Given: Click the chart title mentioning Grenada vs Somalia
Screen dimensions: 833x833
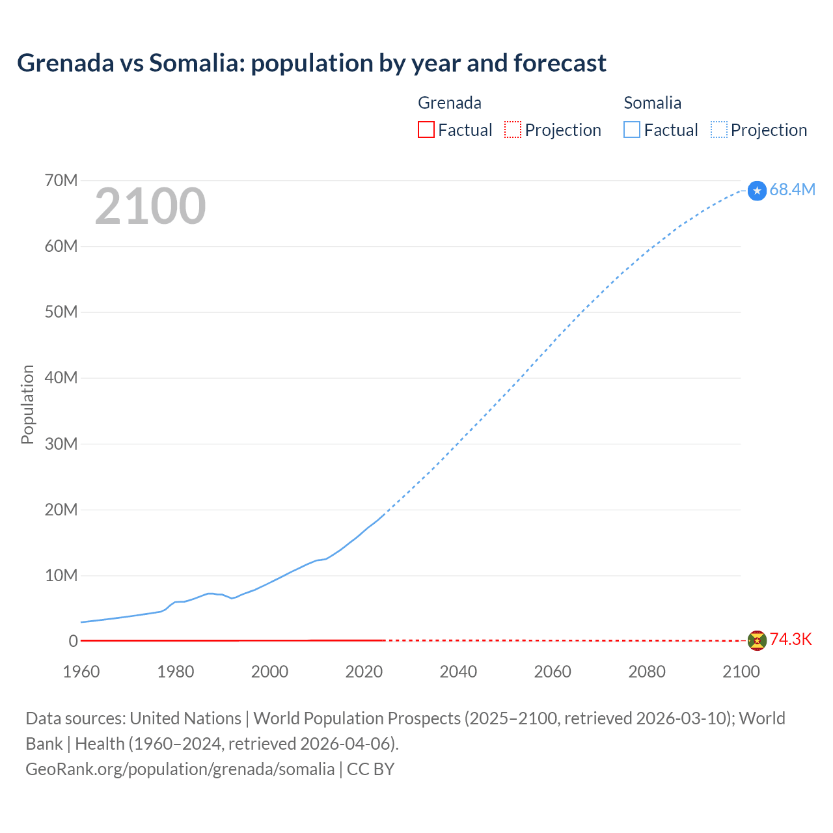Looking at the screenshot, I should (x=312, y=63).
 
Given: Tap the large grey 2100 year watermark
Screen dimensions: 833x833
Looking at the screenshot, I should (x=150, y=206).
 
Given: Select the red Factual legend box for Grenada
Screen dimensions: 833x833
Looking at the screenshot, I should (x=426, y=130).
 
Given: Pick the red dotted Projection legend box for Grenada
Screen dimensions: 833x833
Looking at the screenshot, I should (x=513, y=130).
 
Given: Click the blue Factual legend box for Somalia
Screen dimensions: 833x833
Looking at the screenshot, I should (x=632, y=130).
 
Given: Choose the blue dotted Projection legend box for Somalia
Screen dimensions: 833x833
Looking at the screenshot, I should (x=719, y=130).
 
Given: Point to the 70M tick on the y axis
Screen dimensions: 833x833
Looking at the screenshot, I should (x=61, y=180).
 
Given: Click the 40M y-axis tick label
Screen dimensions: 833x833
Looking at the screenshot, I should (x=61, y=377).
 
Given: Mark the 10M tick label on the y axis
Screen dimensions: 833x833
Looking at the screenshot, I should (x=61, y=575).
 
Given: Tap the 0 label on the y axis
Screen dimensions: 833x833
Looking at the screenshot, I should (x=73, y=641).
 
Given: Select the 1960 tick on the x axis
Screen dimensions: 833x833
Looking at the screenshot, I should (x=81, y=672).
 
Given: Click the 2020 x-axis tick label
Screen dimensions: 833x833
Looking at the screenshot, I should (x=364, y=672).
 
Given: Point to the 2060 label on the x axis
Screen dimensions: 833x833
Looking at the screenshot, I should (x=553, y=672).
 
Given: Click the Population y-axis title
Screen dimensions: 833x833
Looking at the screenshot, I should (x=27, y=404).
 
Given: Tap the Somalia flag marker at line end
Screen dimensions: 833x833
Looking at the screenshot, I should (x=757, y=191).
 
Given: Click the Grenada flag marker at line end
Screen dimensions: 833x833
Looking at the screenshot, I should (x=757, y=640).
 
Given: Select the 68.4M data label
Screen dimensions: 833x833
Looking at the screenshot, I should (x=792, y=189).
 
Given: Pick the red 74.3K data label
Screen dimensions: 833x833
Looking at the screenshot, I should (x=791, y=639).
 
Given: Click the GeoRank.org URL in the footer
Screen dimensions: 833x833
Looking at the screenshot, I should (x=180, y=769).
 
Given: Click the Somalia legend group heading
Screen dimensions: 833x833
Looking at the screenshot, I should (x=652, y=103).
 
